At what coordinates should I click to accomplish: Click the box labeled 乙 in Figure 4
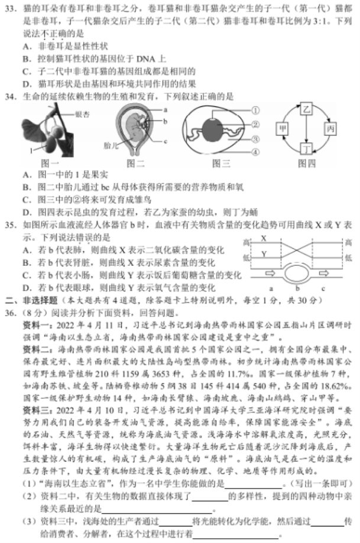click(x=306, y=110)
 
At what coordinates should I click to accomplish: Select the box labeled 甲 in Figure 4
click(x=282, y=129)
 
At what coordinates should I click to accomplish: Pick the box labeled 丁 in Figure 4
click(x=306, y=148)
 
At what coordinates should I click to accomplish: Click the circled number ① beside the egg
click(x=255, y=110)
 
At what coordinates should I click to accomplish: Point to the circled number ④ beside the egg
click(x=255, y=152)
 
